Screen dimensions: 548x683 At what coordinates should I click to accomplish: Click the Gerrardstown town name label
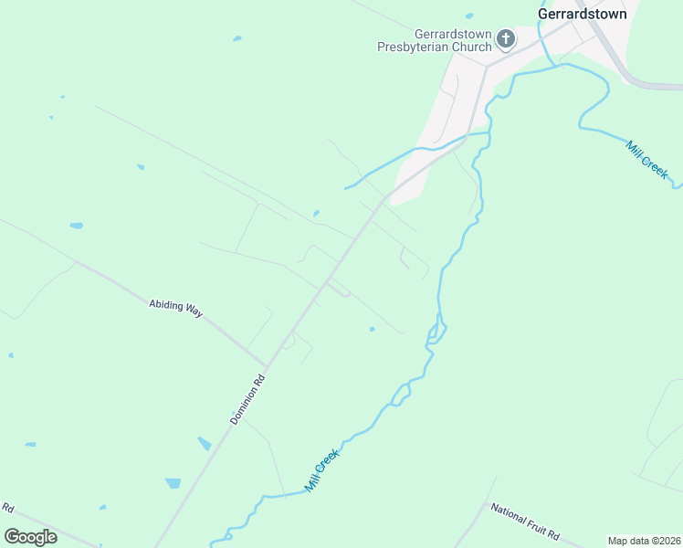coord(582,15)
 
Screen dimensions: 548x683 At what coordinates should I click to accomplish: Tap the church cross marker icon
coord(506,38)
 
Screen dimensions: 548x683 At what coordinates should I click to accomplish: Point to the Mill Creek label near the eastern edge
coord(647,158)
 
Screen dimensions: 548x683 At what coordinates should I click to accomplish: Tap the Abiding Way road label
coord(175,308)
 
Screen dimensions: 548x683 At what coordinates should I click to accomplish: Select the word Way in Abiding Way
coord(194,311)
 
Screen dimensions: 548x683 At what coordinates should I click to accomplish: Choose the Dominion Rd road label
coord(247,398)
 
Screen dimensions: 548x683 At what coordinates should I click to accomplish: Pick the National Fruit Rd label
coord(524,522)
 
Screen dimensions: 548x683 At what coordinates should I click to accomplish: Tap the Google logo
coord(30,536)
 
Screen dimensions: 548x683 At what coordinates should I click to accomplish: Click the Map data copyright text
coord(643,540)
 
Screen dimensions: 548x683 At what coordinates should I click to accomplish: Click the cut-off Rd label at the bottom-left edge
coord(7,508)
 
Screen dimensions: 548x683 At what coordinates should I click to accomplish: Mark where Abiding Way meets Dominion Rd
coord(267,365)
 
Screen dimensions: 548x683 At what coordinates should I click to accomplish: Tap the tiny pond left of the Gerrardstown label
coord(469,16)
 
